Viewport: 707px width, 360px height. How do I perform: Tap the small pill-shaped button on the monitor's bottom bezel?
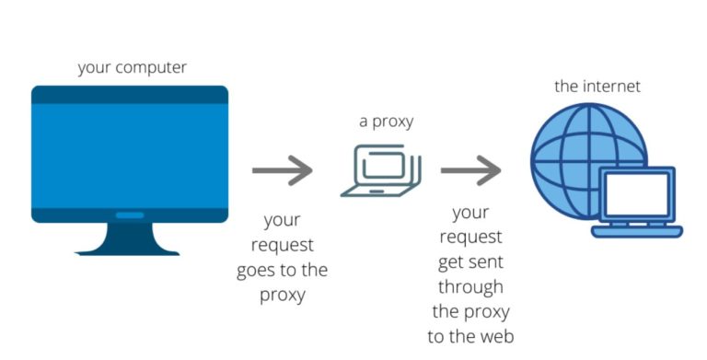[x=129, y=215]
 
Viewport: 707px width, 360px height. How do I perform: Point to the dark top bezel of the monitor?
[x=129, y=94]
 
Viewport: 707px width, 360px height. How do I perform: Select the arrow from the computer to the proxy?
[x=283, y=170]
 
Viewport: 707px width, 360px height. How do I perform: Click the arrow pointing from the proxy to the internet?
[x=470, y=170]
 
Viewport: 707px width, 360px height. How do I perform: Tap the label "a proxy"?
[x=387, y=122]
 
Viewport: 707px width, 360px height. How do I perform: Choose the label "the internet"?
[x=597, y=87]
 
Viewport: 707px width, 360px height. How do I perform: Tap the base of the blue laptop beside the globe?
[x=636, y=230]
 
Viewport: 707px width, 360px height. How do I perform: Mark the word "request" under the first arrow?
[x=282, y=246]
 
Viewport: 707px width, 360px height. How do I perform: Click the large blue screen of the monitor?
[x=129, y=154]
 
